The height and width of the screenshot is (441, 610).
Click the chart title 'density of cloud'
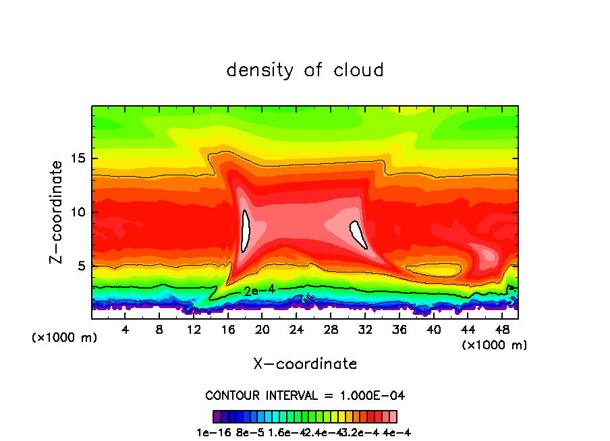[x=305, y=70]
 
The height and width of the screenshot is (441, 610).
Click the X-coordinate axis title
[x=305, y=363]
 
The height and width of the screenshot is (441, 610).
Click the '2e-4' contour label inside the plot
[x=256, y=291]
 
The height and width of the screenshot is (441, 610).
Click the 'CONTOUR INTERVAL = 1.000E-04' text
[x=305, y=395]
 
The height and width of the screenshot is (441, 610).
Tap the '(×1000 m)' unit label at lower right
[x=495, y=345]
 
